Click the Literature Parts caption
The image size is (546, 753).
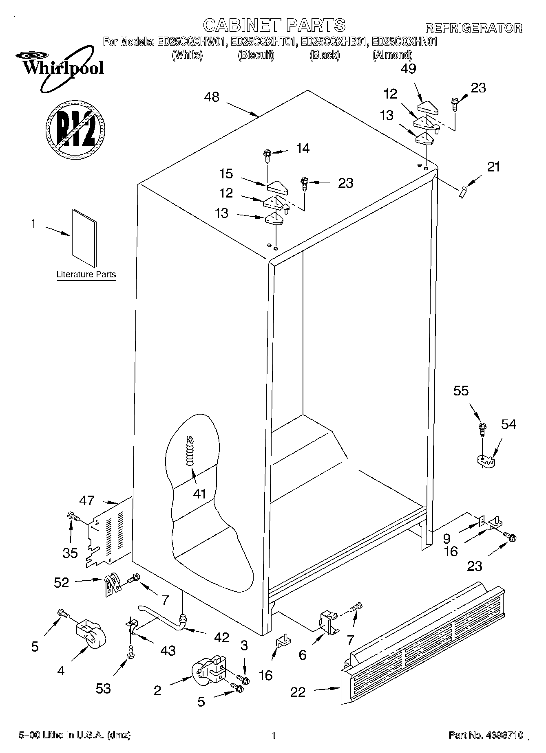[86, 274]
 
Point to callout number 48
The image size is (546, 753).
[212, 97]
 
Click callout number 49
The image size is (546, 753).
[408, 69]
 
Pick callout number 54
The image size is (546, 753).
[508, 424]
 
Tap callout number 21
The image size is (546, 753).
[493, 167]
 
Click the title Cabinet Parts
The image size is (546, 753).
[274, 25]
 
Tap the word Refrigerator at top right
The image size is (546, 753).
[473, 28]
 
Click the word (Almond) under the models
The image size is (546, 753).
[392, 55]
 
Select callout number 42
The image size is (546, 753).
[221, 637]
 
